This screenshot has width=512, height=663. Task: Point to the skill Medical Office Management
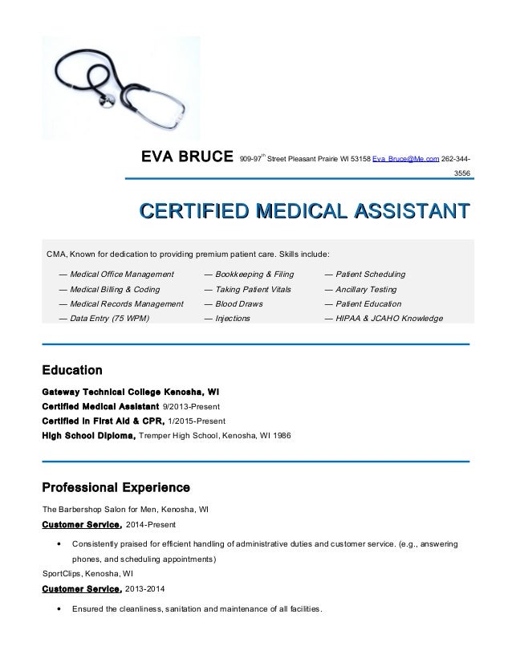121,274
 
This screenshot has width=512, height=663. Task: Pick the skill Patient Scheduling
370,274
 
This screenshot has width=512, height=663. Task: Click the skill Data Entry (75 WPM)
109,319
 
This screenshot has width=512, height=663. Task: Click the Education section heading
71,371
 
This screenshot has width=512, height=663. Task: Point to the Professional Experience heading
115,487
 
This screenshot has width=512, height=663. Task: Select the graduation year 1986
281,436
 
